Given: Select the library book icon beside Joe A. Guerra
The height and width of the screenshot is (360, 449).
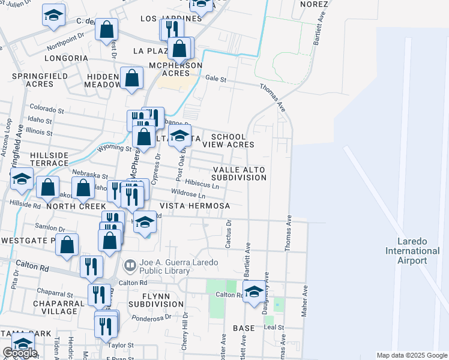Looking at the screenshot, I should click(x=129, y=265).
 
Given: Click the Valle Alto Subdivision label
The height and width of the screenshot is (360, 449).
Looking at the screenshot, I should click(x=239, y=174).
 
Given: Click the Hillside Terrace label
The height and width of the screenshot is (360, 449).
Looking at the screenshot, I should click(x=41, y=159).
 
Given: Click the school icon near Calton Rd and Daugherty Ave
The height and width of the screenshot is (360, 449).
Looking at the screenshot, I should click(x=255, y=292).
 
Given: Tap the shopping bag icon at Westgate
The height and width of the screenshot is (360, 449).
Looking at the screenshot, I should click(x=67, y=244).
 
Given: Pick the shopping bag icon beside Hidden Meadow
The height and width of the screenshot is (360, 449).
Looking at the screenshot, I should click(x=131, y=78).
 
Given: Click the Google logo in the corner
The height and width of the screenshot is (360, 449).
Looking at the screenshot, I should click(x=20, y=353).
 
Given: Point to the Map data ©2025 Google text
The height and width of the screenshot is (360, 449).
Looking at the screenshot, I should click(x=412, y=355).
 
